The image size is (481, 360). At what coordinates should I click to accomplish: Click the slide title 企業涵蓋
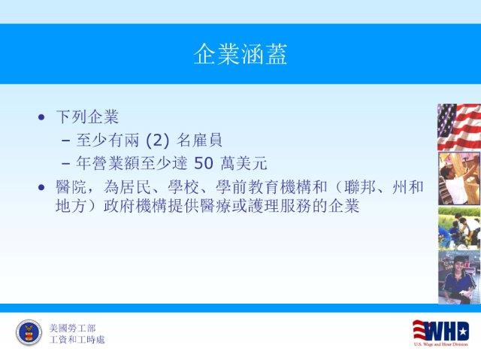tap(240, 54)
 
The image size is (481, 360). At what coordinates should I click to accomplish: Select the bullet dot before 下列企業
tap(41, 117)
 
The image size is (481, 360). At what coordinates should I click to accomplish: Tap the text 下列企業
tap(87, 116)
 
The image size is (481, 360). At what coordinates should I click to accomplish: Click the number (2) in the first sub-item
tap(158, 141)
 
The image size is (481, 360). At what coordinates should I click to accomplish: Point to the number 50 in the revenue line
tap(204, 163)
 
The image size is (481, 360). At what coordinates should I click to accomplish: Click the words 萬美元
tap(244, 163)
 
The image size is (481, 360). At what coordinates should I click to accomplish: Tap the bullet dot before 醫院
tap(41, 187)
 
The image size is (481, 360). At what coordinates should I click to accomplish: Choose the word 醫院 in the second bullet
tap(71, 187)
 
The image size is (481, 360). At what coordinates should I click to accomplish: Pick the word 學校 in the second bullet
tap(183, 187)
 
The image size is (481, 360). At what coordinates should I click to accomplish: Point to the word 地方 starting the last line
tap(71, 206)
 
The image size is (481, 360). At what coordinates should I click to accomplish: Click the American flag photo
tap(459, 127)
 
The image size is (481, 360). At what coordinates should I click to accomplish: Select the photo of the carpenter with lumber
tap(459, 178)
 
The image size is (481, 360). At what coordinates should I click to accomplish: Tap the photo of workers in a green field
tap(459, 228)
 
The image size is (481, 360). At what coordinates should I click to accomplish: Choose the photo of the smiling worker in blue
tap(459, 277)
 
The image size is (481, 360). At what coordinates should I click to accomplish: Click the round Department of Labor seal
tap(29, 332)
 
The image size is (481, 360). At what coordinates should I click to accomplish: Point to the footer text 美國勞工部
tap(72, 328)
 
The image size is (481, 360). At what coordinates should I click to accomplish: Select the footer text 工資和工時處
tap(77, 340)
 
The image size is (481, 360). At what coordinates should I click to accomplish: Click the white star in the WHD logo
tap(463, 331)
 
